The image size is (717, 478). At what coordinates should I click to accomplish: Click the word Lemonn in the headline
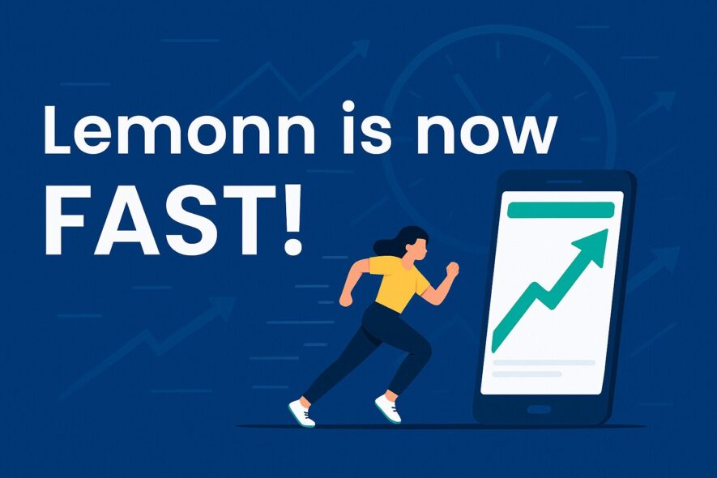click(179, 130)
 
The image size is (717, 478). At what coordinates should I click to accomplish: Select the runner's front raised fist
click(452, 269)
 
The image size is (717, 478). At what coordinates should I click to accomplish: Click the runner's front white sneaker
click(388, 408)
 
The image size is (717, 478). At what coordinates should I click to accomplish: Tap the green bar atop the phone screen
click(561, 210)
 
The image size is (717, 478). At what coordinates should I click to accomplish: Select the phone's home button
click(539, 408)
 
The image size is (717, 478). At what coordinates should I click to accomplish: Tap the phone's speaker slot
click(564, 181)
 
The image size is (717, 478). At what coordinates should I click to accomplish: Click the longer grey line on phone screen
click(544, 363)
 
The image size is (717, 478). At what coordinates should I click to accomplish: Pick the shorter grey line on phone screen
click(527, 374)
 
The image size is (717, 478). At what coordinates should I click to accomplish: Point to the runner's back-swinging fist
click(346, 299)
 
